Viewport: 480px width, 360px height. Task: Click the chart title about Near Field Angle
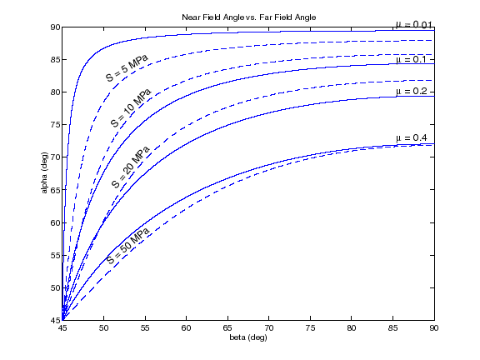(248, 17)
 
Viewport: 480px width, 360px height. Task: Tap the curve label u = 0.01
(414, 22)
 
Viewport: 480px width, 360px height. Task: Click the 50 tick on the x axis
(103, 329)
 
